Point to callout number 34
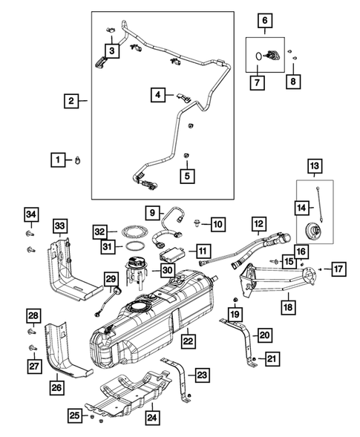30,215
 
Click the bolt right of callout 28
31,329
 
